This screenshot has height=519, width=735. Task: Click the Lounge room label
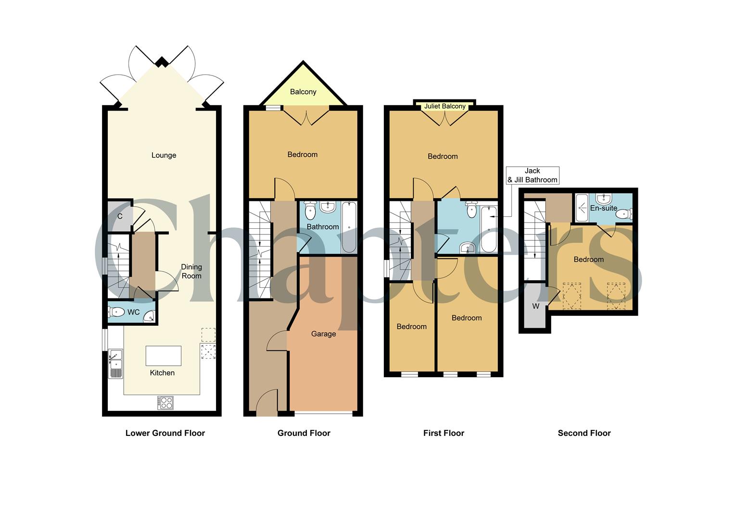coord(164,155)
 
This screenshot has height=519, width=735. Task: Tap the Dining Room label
coord(191,272)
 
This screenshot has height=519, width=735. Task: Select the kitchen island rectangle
coord(164,356)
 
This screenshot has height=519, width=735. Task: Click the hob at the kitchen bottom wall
coord(165,403)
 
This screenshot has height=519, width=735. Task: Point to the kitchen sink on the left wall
coord(115,364)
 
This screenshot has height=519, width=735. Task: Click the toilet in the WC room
coord(116,312)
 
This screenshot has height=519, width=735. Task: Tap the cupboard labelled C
coord(119,216)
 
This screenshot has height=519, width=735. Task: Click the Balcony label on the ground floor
coord(303,92)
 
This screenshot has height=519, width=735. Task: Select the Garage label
coord(323,334)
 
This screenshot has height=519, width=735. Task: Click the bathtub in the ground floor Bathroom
coord(349,227)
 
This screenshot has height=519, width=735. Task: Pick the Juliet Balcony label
coord(445,106)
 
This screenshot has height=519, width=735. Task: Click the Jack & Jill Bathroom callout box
coord(532,175)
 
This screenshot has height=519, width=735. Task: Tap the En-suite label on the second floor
coord(603,208)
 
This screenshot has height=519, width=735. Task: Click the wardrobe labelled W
coord(535,306)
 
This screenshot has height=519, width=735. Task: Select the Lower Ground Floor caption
coord(165,433)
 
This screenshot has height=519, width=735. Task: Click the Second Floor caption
coord(584,433)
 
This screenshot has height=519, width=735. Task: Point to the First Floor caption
coord(444,433)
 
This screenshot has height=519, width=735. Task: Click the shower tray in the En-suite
coord(582,208)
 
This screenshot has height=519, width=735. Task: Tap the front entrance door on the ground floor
coord(267,404)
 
